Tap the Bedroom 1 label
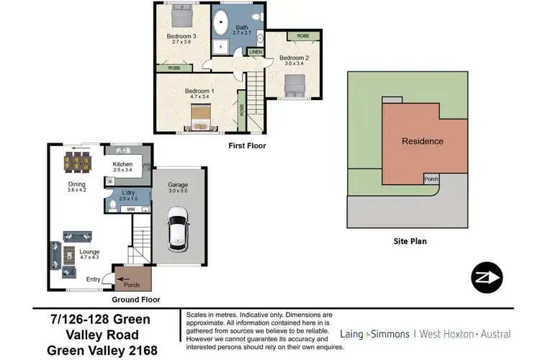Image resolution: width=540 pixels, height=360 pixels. (199, 91)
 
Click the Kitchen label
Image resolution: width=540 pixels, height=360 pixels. (123, 164)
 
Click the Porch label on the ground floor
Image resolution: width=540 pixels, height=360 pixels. (131, 285)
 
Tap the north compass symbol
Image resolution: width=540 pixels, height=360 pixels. (485, 277)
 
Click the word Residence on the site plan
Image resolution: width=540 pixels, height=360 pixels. (422, 141)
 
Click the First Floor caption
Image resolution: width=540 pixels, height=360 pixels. (246, 145)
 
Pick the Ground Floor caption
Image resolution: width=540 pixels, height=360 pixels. (136, 300)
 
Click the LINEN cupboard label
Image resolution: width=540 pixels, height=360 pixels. (256, 52)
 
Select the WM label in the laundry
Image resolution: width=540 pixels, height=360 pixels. (131, 209)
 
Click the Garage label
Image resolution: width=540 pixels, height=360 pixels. (178, 184)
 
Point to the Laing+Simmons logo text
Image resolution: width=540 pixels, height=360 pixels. (368, 334)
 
